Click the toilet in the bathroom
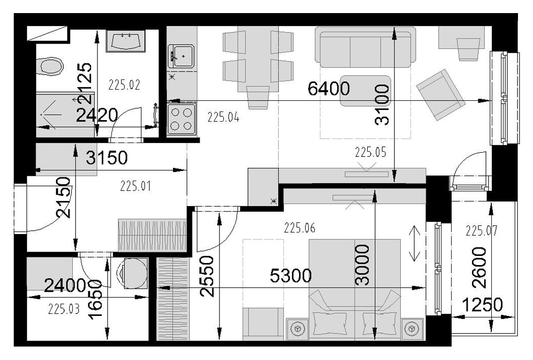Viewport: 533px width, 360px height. tap(50, 66)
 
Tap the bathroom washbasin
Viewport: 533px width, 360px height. tap(125, 41)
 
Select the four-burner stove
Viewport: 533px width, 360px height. tap(182, 119)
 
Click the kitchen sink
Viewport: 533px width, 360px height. tap(181, 56)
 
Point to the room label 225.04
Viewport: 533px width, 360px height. tap(223, 118)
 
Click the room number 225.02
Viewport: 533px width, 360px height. tap(125, 85)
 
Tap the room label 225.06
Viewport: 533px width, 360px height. tap(299, 228)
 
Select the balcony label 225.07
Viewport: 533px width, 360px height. tap(481, 231)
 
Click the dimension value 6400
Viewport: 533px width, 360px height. tap(329, 89)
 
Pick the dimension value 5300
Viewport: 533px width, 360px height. tap(291, 275)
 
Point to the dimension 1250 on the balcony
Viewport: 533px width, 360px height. tap(482, 305)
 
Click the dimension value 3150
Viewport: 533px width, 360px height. tap(107, 158)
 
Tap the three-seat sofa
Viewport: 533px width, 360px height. tap(365, 47)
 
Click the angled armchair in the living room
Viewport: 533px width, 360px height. tap(440, 95)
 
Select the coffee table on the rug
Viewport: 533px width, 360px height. tap(365, 91)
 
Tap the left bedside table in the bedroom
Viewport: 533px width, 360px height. tap(298, 329)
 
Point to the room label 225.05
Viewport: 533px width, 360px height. tap(371, 152)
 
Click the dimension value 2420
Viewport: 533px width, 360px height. tap(97, 115)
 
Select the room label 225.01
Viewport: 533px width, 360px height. tap(136, 186)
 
